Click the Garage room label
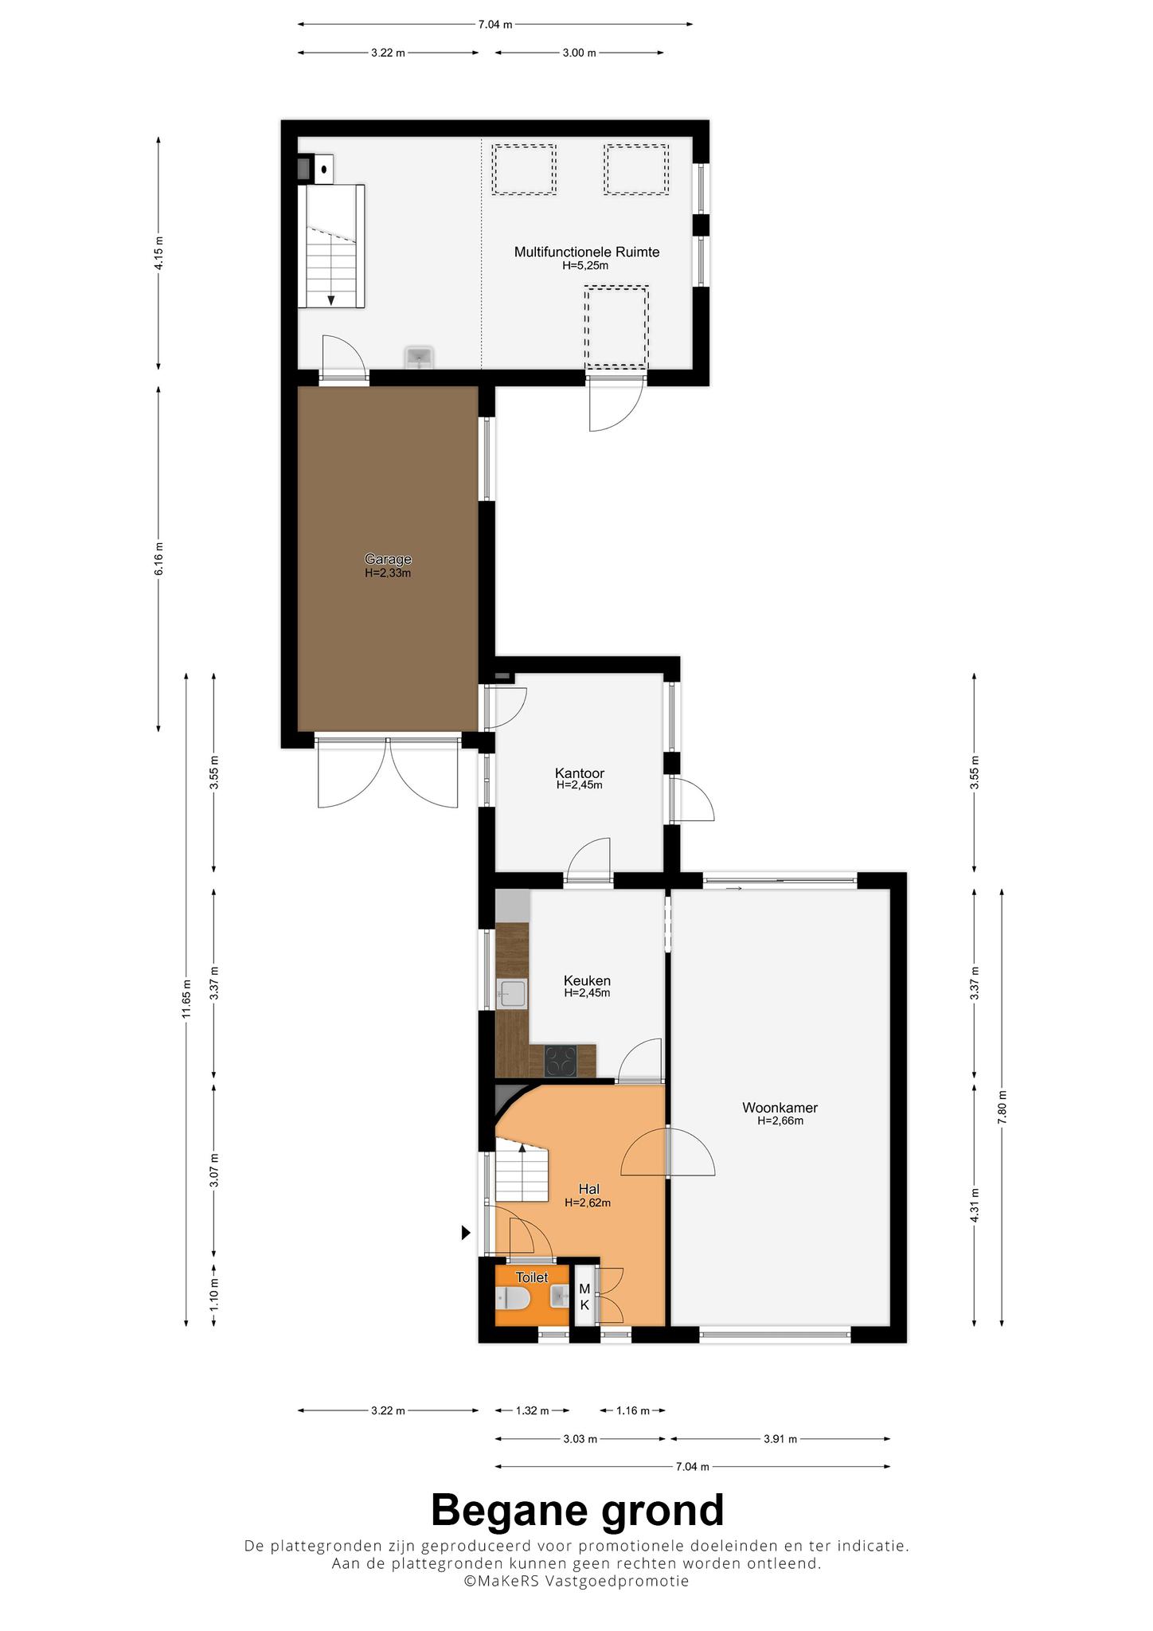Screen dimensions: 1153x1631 point(388,559)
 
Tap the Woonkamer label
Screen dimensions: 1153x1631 point(780,1107)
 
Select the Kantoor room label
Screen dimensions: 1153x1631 point(579,772)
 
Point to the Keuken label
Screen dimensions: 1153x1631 point(587,980)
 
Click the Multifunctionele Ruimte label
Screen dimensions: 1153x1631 point(587,252)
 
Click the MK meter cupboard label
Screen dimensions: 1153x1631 point(584,1297)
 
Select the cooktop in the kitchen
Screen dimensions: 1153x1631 point(561,1061)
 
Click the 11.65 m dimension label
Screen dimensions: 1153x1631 point(186,998)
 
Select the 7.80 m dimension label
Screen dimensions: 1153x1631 point(1002,1106)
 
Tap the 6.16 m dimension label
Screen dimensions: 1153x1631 point(158,558)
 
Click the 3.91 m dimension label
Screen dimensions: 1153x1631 point(780,1439)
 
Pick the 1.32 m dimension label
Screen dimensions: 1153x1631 point(533,1410)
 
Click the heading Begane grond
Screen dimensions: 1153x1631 point(577,1510)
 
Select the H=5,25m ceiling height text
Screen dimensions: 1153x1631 point(585,266)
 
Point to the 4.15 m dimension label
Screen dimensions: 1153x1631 point(158,252)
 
